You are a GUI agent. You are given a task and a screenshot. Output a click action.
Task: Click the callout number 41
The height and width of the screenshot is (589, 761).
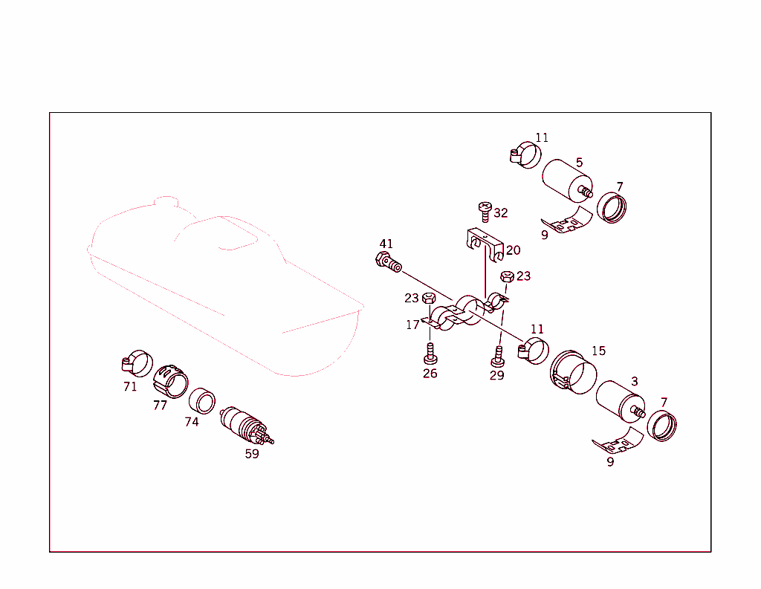(386, 244)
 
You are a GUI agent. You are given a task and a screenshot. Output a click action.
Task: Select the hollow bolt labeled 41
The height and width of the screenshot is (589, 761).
(388, 262)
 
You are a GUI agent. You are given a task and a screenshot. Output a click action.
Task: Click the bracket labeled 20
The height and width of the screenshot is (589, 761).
(484, 244)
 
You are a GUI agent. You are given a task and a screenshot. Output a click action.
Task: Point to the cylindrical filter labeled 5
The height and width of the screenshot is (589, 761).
(566, 180)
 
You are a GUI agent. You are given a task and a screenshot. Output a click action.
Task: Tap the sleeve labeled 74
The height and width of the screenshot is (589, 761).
(201, 400)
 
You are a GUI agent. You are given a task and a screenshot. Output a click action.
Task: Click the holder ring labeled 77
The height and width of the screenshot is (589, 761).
(171, 380)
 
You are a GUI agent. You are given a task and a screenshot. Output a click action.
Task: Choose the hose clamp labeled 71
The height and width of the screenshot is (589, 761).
(136, 363)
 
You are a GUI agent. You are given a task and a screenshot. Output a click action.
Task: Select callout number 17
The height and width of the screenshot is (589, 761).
(412, 325)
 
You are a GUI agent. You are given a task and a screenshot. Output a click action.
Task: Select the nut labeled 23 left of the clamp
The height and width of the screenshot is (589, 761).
(429, 299)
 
